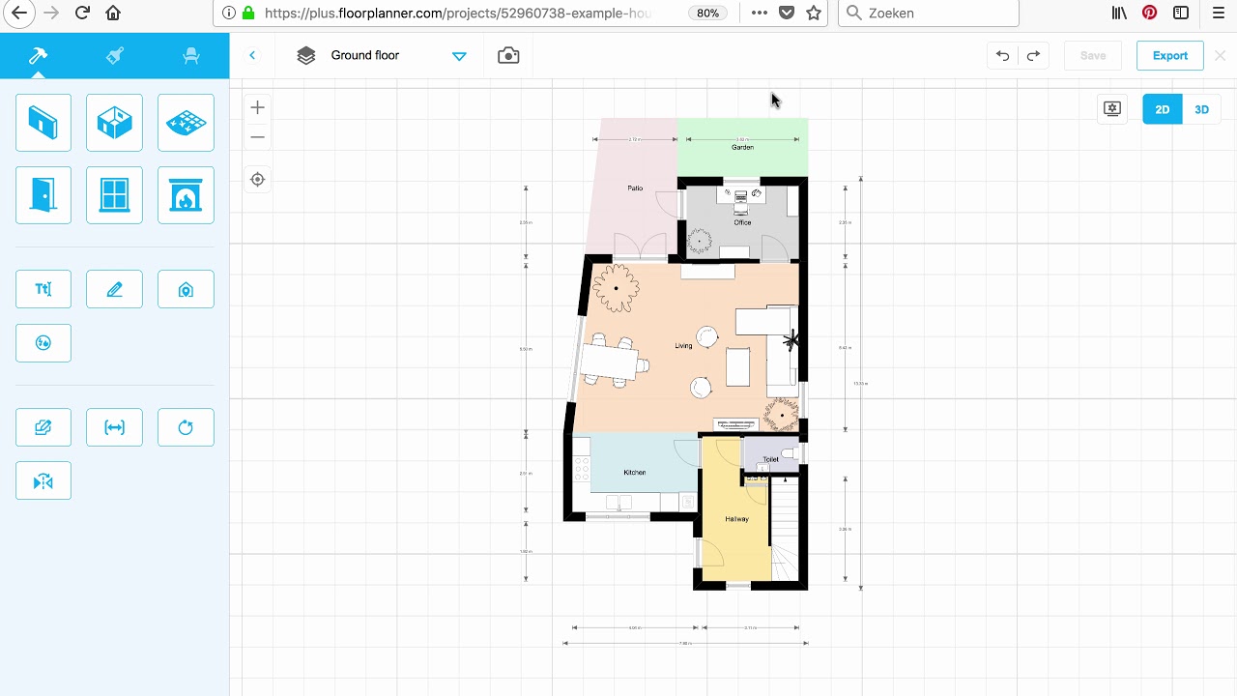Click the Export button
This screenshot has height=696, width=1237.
pos(1169,55)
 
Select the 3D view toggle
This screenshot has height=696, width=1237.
pos(1201,109)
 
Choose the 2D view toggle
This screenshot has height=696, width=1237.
pos(1162,109)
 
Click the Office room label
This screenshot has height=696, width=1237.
pos(742,222)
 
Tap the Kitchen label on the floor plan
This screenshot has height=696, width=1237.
pos(634,473)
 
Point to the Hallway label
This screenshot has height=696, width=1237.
pos(736,519)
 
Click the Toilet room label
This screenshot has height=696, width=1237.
pos(770,459)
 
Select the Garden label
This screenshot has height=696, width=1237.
pos(742,147)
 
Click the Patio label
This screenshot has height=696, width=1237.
pos(635,188)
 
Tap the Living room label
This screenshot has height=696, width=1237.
pos(683,345)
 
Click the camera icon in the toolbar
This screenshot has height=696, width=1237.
pos(508,55)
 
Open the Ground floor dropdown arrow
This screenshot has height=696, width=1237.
pos(459,56)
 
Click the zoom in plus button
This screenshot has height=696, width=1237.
pos(257,107)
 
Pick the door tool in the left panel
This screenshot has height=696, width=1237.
pos(43,195)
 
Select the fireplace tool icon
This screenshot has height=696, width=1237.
pos(186,195)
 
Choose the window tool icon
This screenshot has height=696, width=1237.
pos(114,195)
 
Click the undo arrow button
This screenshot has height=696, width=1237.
pos(1002,55)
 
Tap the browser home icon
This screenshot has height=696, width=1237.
pos(113,14)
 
